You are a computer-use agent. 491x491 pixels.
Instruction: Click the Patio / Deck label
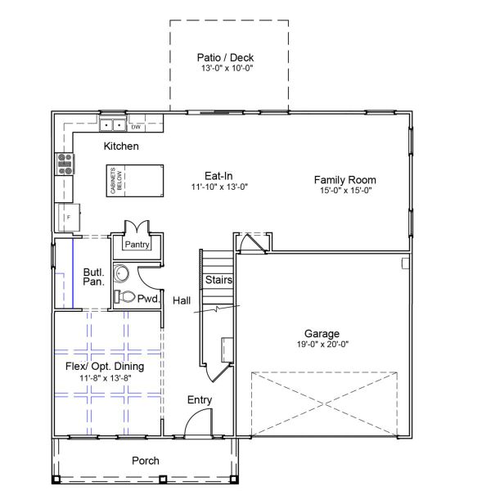[x=225, y=57]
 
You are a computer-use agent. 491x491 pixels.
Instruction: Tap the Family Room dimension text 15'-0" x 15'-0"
[x=345, y=191]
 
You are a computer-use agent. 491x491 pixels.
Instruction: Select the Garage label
[x=322, y=334]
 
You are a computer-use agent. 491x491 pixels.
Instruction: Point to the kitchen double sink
[x=112, y=125]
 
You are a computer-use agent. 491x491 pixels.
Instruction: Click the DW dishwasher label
[x=136, y=127]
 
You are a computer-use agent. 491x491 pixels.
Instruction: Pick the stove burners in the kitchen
[x=65, y=164]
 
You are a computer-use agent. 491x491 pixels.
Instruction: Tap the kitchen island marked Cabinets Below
[x=135, y=181]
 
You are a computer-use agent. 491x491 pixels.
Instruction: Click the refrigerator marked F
[x=69, y=218]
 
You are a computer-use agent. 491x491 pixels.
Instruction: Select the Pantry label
[x=137, y=245]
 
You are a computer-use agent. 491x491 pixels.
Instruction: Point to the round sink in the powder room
[x=121, y=273]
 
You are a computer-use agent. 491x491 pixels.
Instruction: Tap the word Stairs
[x=218, y=280]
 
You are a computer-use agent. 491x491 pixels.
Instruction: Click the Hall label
[x=182, y=300]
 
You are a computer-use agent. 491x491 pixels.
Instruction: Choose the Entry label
[x=200, y=400]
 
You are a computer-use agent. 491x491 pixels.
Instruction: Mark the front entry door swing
[x=198, y=422]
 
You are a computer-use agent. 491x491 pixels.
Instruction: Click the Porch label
[x=146, y=461]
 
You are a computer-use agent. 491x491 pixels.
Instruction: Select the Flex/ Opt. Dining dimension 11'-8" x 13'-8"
[x=106, y=378]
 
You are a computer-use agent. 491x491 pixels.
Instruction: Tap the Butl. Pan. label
[x=93, y=277]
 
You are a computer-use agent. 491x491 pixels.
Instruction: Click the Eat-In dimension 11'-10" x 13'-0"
[x=219, y=187]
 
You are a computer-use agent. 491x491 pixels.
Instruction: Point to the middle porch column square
[x=163, y=480]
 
